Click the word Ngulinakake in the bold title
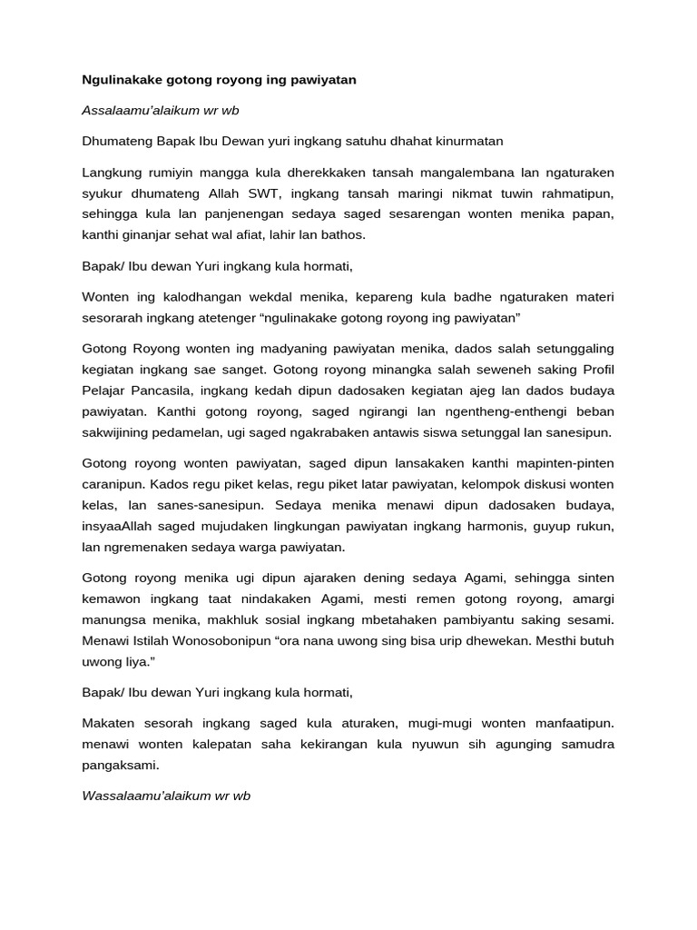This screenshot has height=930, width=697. pos(123,80)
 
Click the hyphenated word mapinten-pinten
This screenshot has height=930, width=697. pos(562,462)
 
